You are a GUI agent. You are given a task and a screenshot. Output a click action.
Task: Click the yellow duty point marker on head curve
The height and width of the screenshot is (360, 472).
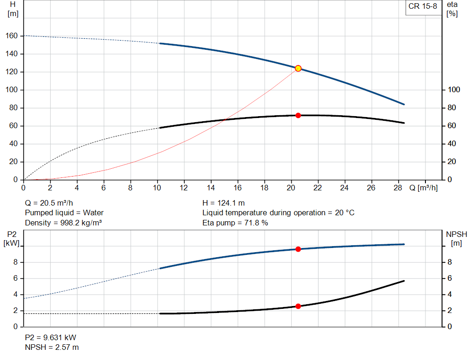(x=298, y=68)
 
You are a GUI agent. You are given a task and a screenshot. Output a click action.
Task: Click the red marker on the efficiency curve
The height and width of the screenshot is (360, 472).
(x=298, y=115)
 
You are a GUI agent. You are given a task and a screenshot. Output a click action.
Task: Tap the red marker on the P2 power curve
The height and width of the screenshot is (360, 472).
(x=298, y=249)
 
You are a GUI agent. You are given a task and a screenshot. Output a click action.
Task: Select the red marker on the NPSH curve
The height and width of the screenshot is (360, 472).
(x=298, y=306)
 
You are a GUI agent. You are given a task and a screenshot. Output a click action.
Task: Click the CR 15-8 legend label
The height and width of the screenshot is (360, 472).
(x=422, y=6)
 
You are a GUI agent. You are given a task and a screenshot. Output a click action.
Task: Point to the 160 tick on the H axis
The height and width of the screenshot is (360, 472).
(x=12, y=36)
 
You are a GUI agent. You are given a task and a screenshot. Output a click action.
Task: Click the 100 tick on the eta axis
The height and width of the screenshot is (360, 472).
(x=454, y=90)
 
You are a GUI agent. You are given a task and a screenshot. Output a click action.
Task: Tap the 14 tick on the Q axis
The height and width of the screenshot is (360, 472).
(x=211, y=188)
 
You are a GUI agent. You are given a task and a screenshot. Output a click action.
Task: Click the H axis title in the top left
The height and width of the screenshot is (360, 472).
(x=12, y=9)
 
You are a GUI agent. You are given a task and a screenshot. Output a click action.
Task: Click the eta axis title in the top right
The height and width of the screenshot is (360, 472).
(x=452, y=9)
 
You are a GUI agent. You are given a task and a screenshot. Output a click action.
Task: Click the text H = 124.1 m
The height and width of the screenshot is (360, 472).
(x=224, y=203)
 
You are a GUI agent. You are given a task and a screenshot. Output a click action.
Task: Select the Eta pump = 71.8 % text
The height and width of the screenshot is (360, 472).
(x=235, y=223)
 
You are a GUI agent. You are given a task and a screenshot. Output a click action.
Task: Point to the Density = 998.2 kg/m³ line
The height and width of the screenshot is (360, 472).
(x=63, y=223)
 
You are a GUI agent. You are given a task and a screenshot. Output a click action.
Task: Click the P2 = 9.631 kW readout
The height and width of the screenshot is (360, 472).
(x=50, y=337)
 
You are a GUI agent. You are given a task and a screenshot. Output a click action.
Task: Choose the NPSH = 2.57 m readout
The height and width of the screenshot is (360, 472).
(x=52, y=347)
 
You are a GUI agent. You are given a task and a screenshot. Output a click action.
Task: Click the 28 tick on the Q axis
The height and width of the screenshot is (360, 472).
(x=398, y=188)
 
